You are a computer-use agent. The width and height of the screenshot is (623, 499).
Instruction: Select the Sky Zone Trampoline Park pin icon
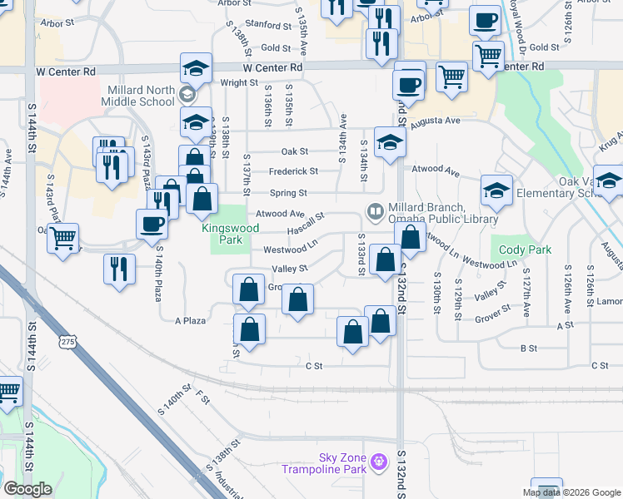(379, 460)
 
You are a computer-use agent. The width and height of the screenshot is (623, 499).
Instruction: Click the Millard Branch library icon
(374, 210)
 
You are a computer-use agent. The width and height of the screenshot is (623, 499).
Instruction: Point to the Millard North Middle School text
(140, 95)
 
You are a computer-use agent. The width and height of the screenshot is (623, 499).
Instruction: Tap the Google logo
(27, 489)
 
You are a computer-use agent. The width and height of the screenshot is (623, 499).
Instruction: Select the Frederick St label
(292, 171)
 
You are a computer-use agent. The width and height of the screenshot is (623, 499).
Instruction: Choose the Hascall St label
(305, 217)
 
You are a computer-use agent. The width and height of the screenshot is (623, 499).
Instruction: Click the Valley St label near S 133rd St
(292, 269)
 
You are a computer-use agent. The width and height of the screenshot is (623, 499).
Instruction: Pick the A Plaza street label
(190, 320)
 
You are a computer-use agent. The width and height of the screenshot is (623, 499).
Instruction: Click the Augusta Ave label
(441, 121)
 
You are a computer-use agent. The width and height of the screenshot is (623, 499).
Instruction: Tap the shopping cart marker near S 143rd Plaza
(62, 238)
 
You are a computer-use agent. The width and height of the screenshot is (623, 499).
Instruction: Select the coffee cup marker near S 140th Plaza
(152, 224)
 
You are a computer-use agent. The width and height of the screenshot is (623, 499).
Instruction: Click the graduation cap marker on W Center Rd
(197, 68)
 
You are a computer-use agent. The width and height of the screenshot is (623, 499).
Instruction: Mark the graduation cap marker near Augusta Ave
(389, 142)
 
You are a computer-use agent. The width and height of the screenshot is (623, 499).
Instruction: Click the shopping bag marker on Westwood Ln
(411, 237)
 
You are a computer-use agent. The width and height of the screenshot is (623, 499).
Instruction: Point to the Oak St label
(295, 151)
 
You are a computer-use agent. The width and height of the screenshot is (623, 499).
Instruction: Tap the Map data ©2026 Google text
(572, 492)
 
